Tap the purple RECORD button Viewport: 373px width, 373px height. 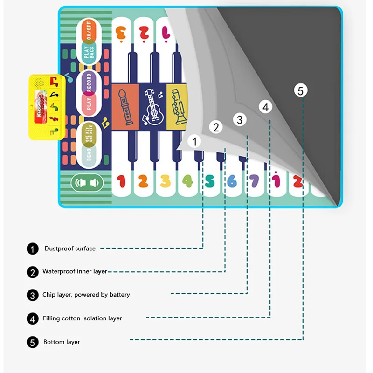pyautogui.click(x=89, y=83)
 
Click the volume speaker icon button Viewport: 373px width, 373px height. pyautogui.click(x=87, y=183)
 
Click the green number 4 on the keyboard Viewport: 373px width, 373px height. pyautogui.click(x=187, y=181)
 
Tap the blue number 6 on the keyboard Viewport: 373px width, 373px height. pyautogui.click(x=232, y=181)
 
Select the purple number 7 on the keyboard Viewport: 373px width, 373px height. pyautogui.click(x=254, y=181)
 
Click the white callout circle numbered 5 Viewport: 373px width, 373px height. pyautogui.click(x=300, y=90)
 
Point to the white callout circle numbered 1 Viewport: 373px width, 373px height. pyautogui.click(x=194, y=141)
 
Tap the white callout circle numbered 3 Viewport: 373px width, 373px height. pyautogui.click(x=240, y=120)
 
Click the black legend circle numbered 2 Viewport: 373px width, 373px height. pyautogui.click(x=33, y=272)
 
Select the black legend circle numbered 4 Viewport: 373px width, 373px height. pyautogui.click(x=33, y=319)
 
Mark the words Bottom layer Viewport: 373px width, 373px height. pyautogui.click(x=62, y=342)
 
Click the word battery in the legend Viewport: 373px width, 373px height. pyautogui.click(x=118, y=295)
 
